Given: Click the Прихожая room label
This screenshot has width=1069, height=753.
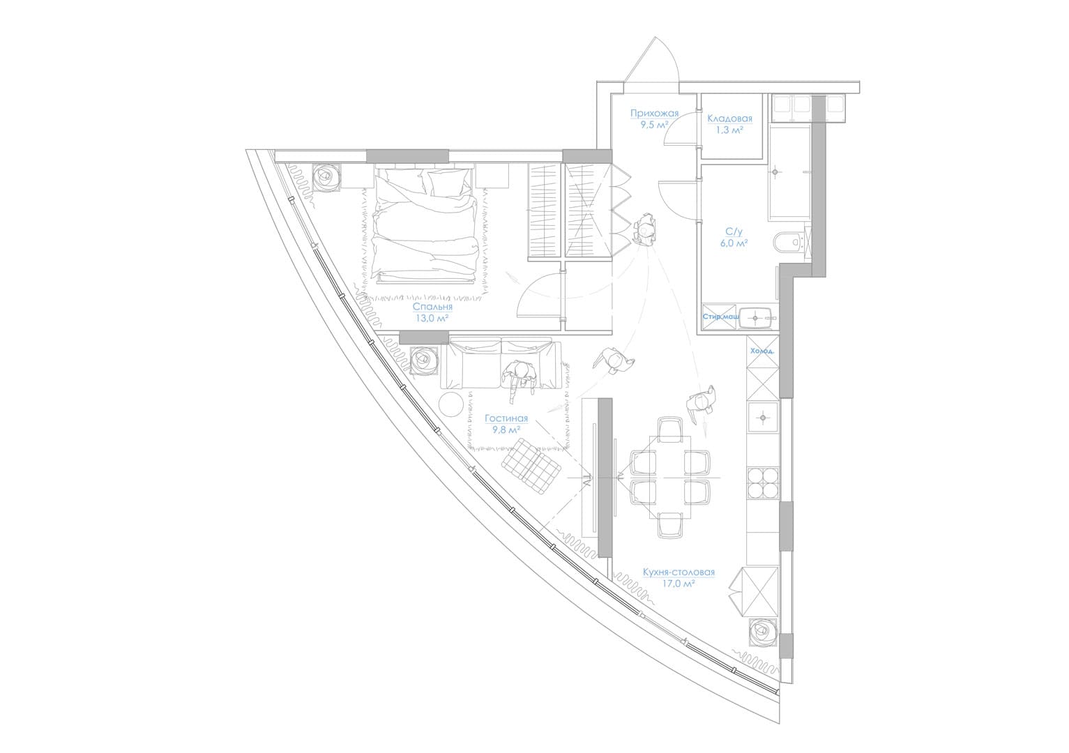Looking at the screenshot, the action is [654, 114].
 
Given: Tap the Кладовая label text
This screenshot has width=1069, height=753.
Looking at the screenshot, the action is [729, 119].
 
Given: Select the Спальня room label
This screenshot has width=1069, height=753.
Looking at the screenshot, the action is [432, 306].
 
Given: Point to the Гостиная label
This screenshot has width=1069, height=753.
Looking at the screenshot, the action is [506, 418].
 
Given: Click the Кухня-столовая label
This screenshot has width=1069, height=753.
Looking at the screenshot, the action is [678, 572].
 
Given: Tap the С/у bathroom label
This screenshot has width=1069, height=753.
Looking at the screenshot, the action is [734, 232].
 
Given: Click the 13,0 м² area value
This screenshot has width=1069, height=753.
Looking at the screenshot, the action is [432, 319].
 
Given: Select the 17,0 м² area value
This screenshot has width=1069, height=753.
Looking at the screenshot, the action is [678, 584].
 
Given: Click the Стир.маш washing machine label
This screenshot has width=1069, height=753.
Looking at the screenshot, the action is [720, 317].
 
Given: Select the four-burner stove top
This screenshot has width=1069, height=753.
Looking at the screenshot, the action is [763, 483].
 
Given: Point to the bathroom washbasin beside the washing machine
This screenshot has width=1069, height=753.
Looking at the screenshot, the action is [755, 317].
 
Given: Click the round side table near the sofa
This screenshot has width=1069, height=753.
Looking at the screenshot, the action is [450, 405].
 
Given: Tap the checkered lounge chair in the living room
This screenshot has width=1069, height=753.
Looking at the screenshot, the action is [531, 467].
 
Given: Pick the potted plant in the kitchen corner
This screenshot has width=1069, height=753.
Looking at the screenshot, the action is [764, 633].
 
